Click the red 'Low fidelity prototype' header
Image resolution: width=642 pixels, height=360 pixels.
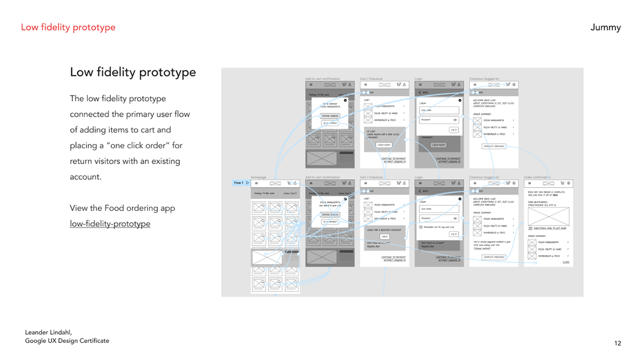point(68,27)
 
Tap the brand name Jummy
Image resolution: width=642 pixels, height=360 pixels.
point(606,27)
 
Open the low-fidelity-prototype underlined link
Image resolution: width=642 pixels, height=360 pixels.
point(110,224)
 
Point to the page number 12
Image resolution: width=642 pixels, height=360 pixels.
point(618,343)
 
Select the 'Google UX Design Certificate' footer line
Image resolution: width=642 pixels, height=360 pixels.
point(67,341)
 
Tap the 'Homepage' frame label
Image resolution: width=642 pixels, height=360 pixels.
point(258,177)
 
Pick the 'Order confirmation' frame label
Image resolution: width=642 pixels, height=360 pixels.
point(537,177)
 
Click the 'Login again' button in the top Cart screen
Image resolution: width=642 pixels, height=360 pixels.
point(384,145)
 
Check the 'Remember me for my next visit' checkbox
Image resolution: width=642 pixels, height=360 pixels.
point(421,227)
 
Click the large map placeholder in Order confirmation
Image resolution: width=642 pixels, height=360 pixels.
point(548,216)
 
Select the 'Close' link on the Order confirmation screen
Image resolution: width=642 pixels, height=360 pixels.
point(565,262)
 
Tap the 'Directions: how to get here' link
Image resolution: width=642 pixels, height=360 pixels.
point(551,228)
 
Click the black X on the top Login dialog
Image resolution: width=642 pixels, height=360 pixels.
point(460,100)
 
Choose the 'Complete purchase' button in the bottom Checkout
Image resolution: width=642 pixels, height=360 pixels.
point(493,257)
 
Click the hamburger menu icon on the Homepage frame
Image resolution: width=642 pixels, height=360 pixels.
point(256,183)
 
